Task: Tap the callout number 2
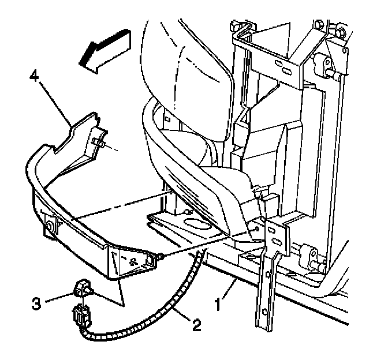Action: click(x=197, y=327)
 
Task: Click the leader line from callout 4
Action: click(x=55, y=100)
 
